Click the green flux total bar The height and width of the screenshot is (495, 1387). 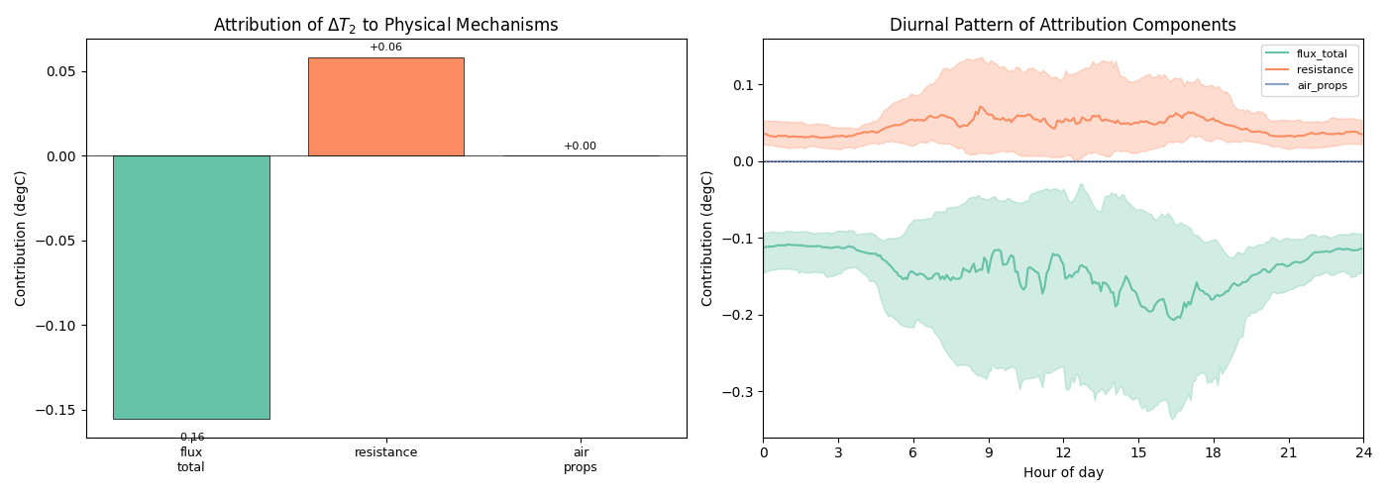click(191, 287)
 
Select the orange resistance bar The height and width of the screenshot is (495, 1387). click(385, 107)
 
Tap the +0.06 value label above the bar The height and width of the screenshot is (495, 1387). click(385, 48)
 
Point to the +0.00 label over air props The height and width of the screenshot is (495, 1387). click(580, 147)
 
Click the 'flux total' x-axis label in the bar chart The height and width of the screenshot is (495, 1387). click(191, 459)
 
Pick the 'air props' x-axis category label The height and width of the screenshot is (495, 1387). click(580, 459)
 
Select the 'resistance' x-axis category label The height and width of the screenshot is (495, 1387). click(385, 452)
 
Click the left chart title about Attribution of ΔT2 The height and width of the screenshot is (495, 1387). click(385, 25)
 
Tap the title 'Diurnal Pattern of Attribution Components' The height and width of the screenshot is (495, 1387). click(1062, 25)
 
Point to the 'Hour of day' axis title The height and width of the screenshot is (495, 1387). click(1063, 473)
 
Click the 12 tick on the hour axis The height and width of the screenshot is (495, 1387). click(1063, 452)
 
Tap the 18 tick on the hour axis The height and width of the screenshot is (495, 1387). click(1213, 452)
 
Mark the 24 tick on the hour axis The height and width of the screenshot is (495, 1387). click(1363, 452)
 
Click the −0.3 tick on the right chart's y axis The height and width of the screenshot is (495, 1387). click(741, 392)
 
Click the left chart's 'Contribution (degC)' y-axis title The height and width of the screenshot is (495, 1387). click(21, 238)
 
